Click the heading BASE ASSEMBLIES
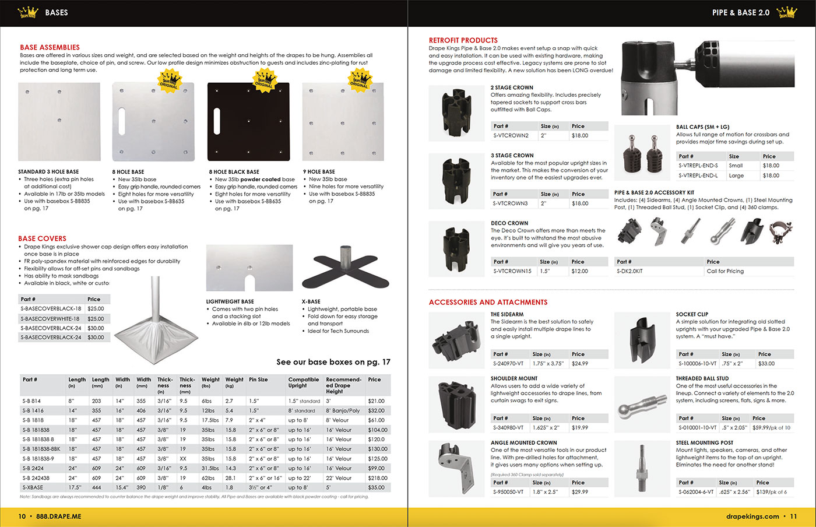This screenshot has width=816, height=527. (50, 47)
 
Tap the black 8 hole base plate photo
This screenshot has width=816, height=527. (248, 122)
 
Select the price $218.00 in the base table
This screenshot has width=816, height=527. (377, 478)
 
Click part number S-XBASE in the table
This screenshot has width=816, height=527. (33, 487)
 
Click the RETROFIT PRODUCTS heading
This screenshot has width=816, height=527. (463, 40)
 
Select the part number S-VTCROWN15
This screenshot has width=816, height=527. (512, 271)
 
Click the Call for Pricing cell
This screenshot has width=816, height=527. (725, 271)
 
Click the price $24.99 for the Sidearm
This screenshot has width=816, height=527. (580, 363)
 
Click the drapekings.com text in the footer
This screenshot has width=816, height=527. (752, 517)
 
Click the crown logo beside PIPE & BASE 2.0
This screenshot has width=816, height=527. (786, 12)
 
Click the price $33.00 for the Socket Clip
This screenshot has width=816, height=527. (766, 363)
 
